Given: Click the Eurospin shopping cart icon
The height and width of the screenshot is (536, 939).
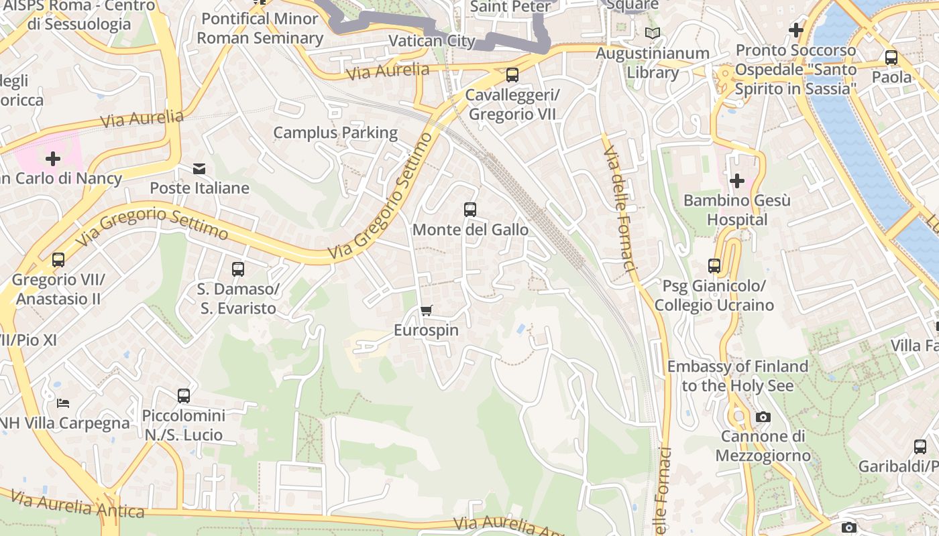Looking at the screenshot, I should [426, 310].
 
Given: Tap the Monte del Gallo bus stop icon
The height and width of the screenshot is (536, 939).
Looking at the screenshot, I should [470, 209].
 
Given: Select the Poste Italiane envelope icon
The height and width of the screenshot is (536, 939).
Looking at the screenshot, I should [199, 168].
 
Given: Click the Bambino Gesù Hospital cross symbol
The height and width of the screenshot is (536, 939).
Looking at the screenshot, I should [737, 180].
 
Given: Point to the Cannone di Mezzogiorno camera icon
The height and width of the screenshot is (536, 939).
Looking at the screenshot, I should [763, 417].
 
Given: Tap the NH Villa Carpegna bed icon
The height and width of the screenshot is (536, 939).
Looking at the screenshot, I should [62, 403].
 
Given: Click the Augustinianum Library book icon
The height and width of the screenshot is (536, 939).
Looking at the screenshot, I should [652, 33].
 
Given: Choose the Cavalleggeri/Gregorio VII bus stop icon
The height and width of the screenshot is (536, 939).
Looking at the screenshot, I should [512, 74].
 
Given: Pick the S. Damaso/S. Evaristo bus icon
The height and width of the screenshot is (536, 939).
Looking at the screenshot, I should [237, 269].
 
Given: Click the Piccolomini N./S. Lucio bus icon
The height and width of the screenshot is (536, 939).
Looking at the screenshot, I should [184, 395].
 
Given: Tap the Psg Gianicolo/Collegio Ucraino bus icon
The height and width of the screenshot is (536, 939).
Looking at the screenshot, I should [714, 266].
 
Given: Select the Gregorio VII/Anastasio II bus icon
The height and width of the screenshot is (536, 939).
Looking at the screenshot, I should [58, 259].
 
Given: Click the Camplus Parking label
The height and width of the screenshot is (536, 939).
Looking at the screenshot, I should [335, 133].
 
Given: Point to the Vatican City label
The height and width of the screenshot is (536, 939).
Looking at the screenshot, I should [432, 41].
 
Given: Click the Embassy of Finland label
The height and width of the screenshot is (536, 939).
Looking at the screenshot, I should [737, 376].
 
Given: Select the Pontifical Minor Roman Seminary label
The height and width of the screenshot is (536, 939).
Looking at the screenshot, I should [260, 28].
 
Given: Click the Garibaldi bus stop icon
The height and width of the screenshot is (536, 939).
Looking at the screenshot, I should [920, 446].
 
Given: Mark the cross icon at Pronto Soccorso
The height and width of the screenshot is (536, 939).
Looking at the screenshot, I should [796, 30].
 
